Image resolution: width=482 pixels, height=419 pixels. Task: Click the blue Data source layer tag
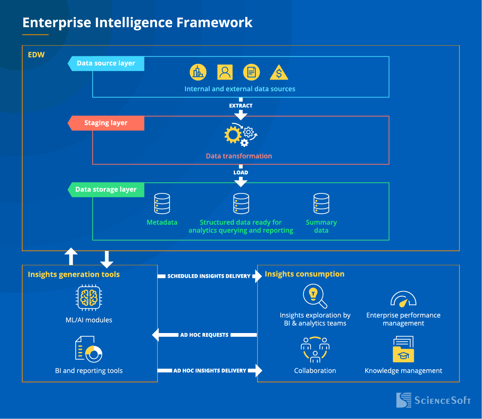(106, 63)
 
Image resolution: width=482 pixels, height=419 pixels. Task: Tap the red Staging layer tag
(106, 123)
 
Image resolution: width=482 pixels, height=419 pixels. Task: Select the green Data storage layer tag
(106, 190)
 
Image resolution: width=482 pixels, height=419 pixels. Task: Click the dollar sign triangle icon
(279, 73)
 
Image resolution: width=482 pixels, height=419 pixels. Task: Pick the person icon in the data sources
(225, 72)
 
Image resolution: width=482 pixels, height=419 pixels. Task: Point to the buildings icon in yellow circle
(198, 72)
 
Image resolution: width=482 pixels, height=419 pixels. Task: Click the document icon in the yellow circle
(252, 72)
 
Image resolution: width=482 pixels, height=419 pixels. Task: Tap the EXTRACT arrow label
(241, 106)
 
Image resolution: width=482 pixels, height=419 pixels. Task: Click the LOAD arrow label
(241, 173)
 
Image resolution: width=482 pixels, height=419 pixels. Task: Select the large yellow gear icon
(233, 135)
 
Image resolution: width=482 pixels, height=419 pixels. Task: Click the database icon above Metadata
(162, 203)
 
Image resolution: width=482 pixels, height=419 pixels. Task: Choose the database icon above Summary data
(321, 203)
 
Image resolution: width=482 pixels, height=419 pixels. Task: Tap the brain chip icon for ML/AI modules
(89, 297)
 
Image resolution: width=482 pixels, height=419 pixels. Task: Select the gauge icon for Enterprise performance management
(403, 299)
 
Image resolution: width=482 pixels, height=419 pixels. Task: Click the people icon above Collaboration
(315, 349)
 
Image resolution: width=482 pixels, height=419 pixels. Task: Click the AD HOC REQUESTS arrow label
(204, 335)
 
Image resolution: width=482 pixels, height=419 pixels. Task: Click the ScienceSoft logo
(433, 400)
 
